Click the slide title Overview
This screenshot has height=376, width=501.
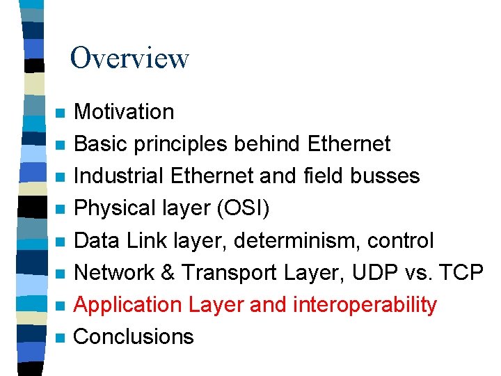point(129,58)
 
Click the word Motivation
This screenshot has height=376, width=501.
point(124,111)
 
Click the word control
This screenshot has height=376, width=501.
point(402,240)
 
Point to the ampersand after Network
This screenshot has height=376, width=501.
point(164,272)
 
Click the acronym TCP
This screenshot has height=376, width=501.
point(463,272)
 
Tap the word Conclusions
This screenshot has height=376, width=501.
point(134,336)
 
